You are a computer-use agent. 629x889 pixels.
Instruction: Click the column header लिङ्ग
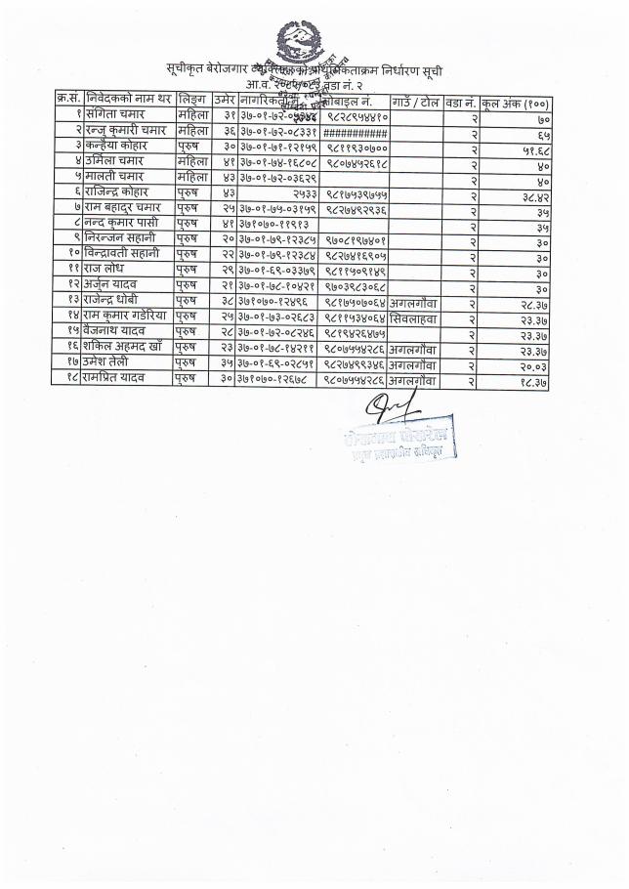[x=191, y=101]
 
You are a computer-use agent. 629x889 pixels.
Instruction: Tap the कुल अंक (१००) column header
[x=516, y=102]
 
